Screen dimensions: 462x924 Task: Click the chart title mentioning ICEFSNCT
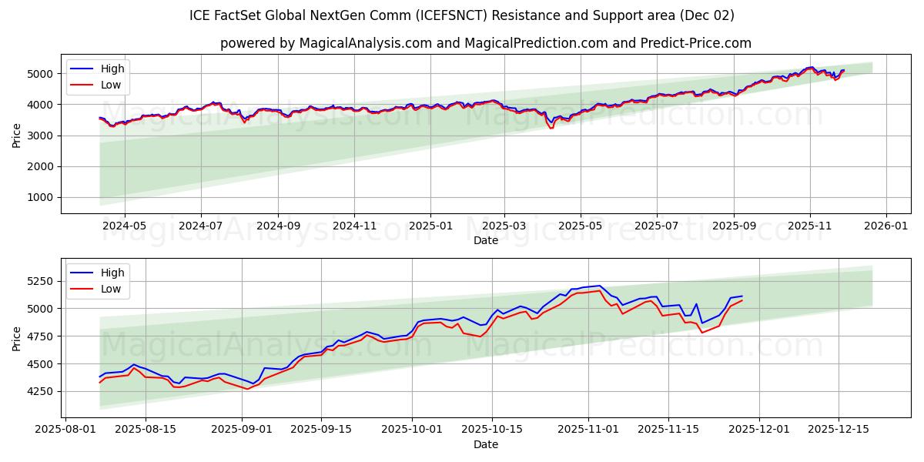pyautogui.click(x=462, y=15)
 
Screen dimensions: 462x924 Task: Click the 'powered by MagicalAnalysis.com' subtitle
pyautogui.click(x=485, y=43)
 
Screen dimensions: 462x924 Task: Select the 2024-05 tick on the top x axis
pyautogui.click(x=124, y=226)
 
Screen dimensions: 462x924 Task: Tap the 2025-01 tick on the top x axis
pyautogui.click(x=430, y=226)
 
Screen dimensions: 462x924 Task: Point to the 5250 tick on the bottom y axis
pyautogui.click(x=39, y=281)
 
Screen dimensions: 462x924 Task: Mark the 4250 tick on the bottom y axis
pyautogui.click(x=39, y=391)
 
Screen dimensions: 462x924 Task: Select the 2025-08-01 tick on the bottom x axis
pyautogui.click(x=65, y=430)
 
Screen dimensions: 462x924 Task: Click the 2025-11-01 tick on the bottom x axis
pyautogui.click(x=588, y=430)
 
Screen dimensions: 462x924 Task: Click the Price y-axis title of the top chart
pyautogui.click(x=16, y=136)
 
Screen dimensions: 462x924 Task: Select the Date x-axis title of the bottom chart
pyautogui.click(x=486, y=444)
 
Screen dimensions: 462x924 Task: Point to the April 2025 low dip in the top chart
pyautogui.click(x=551, y=128)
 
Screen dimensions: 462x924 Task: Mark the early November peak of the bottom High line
pyautogui.click(x=599, y=286)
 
